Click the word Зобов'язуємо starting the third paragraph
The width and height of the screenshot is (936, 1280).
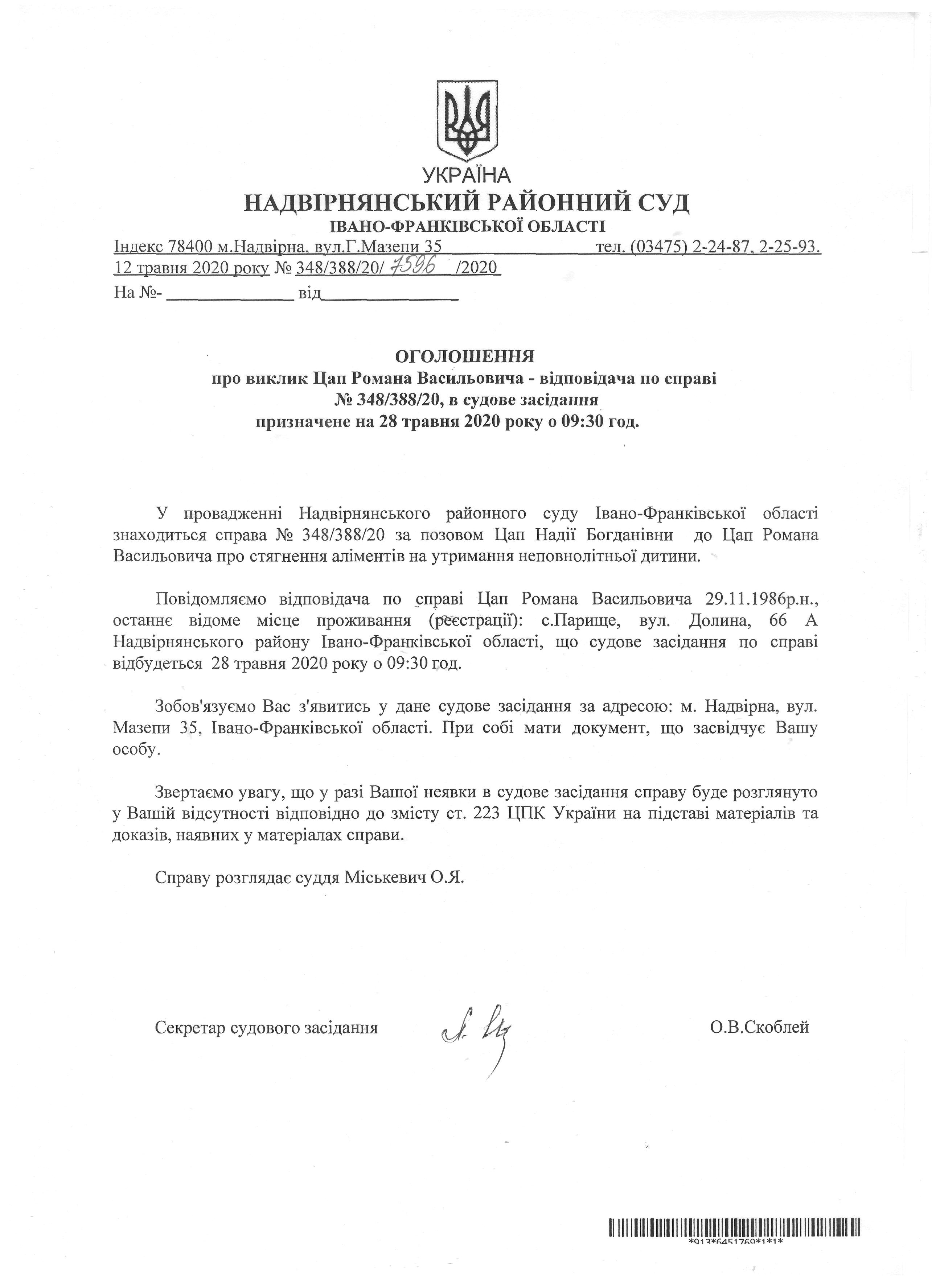pos(206,707)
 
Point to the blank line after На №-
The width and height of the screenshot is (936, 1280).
pos(230,295)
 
